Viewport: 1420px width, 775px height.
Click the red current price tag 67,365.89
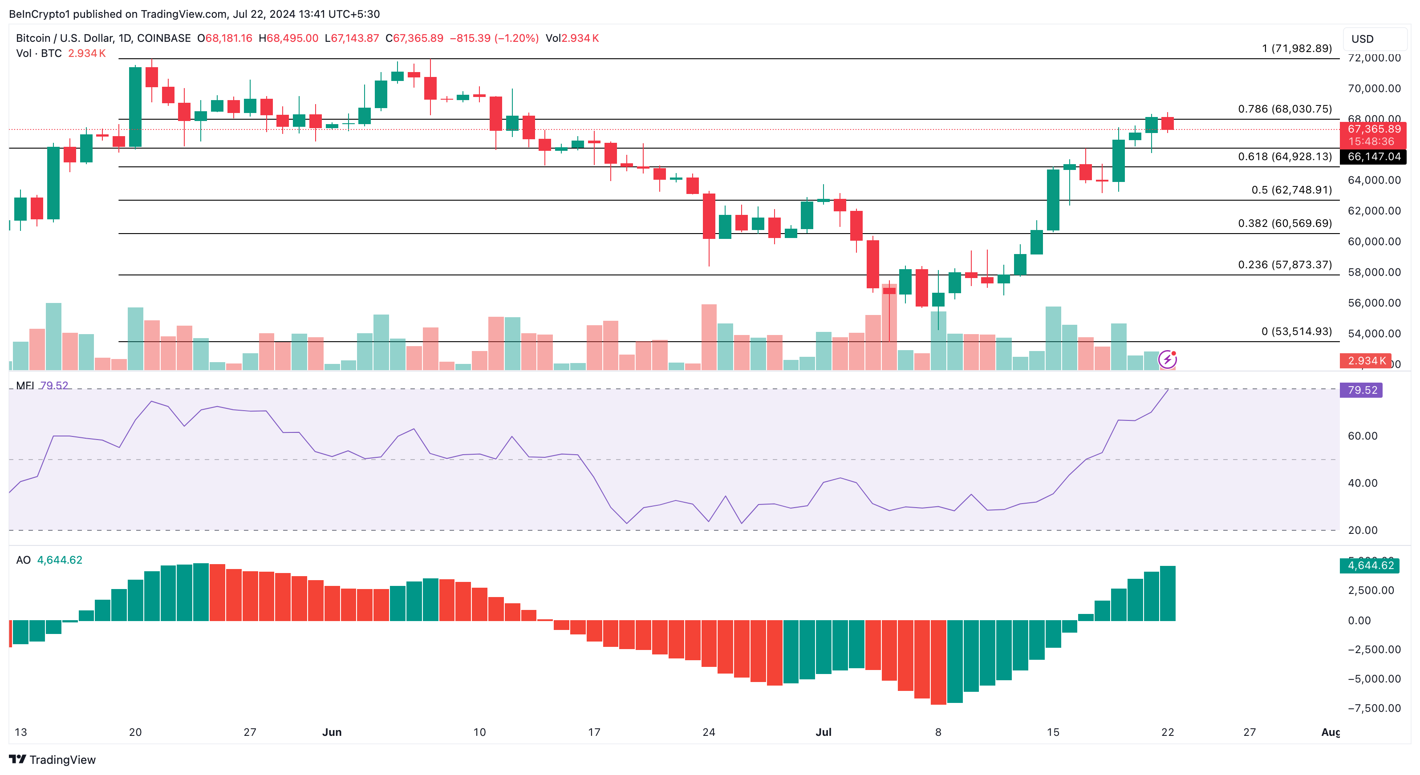click(x=1373, y=129)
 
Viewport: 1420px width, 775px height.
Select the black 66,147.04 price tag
click(x=1373, y=157)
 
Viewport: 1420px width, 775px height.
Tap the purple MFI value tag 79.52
click(x=1362, y=390)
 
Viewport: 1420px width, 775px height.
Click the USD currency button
click(x=1362, y=39)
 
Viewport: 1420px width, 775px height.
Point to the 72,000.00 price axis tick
click(x=1374, y=58)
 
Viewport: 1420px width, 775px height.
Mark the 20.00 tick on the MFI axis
click(x=1363, y=530)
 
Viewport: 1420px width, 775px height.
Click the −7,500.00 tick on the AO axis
click(x=1374, y=708)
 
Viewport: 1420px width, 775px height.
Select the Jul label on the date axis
click(x=824, y=732)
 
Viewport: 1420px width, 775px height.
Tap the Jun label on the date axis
click(x=332, y=732)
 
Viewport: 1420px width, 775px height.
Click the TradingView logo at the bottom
click(x=53, y=759)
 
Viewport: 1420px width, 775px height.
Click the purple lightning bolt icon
click(x=1168, y=359)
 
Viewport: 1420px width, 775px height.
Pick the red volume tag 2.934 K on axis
click(x=1365, y=361)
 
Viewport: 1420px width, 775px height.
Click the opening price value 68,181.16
click(x=228, y=38)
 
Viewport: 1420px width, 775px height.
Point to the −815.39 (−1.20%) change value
click(x=494, y=38)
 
